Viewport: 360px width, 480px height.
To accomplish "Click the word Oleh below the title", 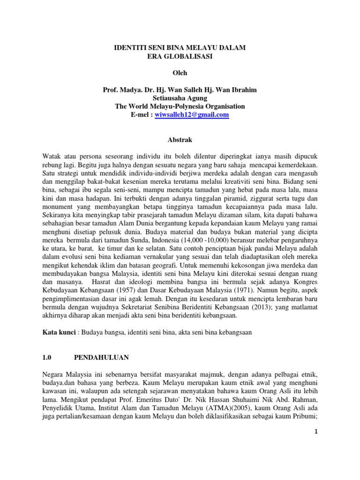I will (x=180, y=73).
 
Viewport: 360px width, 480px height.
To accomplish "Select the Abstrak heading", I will (x=180, y=140).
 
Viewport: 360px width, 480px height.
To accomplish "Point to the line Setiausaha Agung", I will (x=180, y=98).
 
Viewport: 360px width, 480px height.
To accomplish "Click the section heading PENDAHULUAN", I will (x=102, y=357).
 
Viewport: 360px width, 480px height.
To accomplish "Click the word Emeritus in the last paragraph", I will (x=211, y=399).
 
